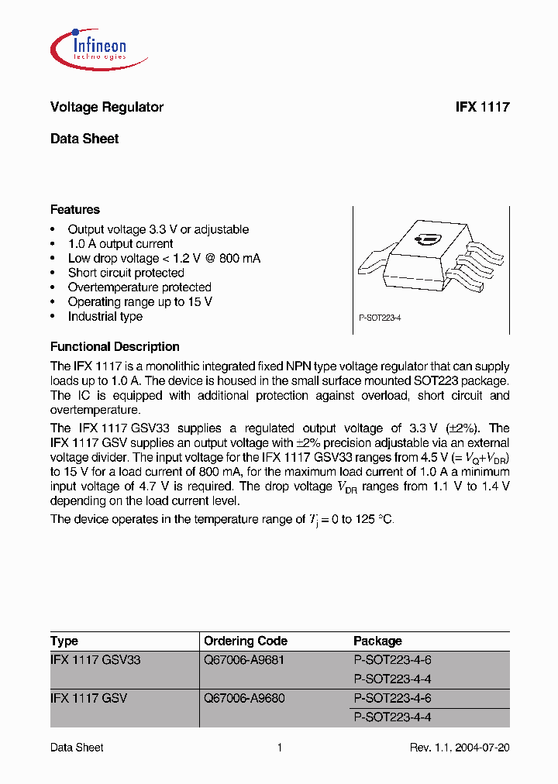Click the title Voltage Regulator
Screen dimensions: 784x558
point(106,108)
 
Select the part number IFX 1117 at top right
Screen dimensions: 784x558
point(482,108)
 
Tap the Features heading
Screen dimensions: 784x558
point(74,210)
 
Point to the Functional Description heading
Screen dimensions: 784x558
point(115,347)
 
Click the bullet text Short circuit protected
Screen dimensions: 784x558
point(126,273)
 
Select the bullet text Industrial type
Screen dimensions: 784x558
point(105,316)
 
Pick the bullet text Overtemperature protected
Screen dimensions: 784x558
point(139,287)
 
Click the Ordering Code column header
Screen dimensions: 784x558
point(245,641)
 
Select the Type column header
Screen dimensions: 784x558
point(64,641)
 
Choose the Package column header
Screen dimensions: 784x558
point(377,641)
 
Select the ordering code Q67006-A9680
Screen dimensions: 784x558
point(244,698)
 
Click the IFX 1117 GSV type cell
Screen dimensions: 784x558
point(88,698)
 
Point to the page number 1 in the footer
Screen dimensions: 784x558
point(279,748)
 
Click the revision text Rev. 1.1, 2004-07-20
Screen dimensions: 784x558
point(459,748)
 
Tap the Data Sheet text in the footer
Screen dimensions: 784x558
point(77,748)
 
